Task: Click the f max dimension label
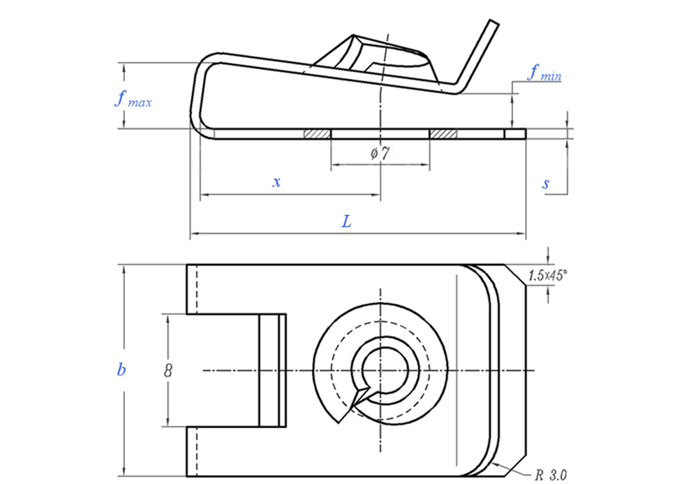[132, 99]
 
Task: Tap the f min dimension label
[544, 73]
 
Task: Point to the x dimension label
[276, 182]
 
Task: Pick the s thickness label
[546, 184]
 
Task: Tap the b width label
[121, 370]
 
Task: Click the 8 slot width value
[168, 370]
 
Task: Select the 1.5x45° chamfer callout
[548, 276]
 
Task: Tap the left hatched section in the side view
[317, 133]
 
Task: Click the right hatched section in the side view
[443, 133]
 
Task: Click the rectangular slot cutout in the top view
[223, 370]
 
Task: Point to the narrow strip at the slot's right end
[273, 370]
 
